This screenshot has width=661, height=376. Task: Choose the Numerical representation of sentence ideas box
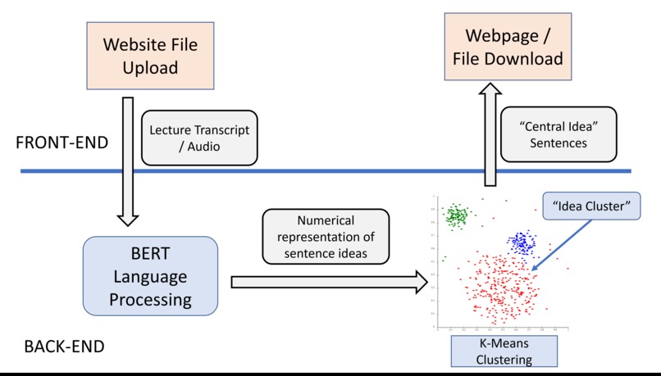pyautogui.click(x=324, y=238)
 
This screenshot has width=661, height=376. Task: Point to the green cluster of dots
pyautogui.click(x=456, y=215)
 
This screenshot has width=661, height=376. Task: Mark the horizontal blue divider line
pyautogui.click(x=328, y=171)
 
